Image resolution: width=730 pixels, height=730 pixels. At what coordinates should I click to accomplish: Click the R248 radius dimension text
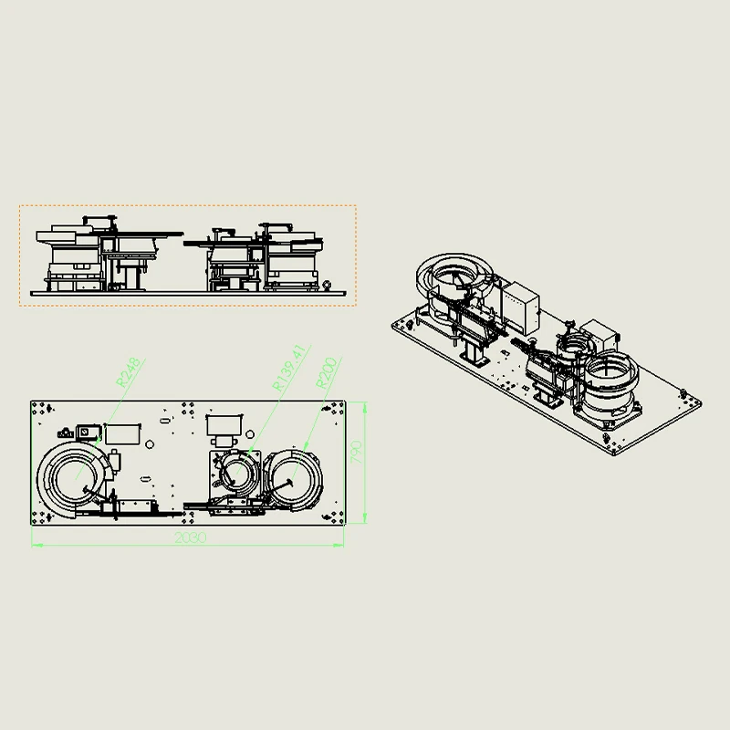[128, 372]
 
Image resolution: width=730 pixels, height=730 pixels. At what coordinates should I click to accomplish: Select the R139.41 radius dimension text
[289, 368]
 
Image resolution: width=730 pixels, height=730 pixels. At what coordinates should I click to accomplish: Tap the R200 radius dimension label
[327, 373]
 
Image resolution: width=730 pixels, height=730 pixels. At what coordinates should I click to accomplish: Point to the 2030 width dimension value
[191, 537]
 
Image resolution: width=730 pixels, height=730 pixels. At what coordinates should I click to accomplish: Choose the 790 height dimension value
[356, 452]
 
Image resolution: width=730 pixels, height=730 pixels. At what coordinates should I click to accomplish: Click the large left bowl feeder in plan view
[75, 480]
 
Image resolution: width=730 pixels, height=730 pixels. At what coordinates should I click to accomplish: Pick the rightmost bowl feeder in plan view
[293, 480]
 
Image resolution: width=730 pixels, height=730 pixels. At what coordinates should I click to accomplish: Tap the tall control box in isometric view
[521, 308]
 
